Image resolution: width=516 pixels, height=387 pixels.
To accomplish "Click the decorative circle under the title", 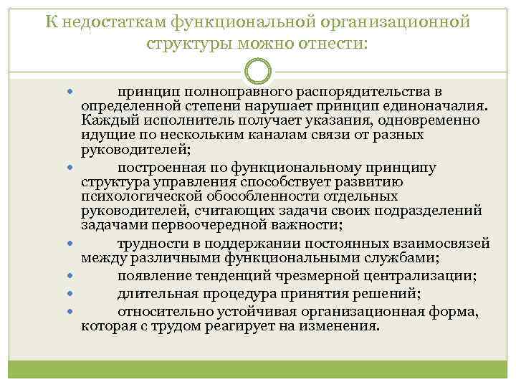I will point(258,72).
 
